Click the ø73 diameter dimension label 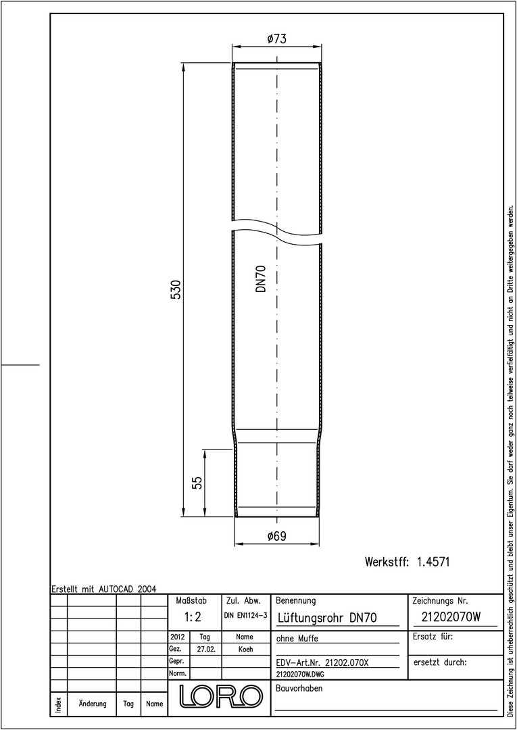pos(276,39)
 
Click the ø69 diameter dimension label pos(276,536)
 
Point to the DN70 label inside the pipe pos(261,278)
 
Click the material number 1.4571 pos(433,562)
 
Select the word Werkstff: pos(387,562)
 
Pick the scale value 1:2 pos(192,617)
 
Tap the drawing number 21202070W pos(451,617)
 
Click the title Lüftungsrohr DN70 pos(326,618)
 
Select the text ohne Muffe pos(297,638)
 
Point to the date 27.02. pos(205,649)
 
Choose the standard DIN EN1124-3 pos(245,616)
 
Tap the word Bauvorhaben pos(299,688)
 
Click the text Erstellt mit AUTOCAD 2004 pos(103,589)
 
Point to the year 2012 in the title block pos(178,637)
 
